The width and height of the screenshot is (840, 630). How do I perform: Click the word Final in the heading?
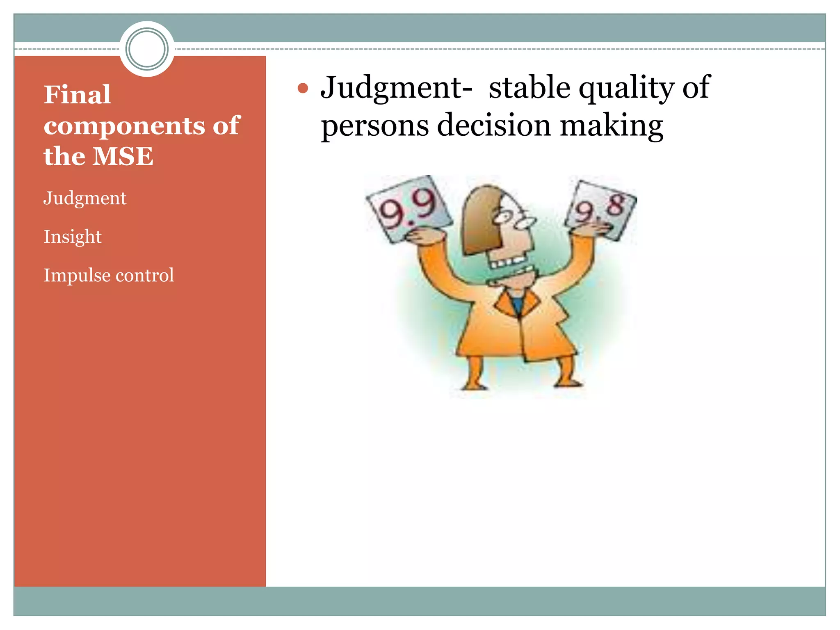[77, 95]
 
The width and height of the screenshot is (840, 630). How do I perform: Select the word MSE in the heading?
[123, 156]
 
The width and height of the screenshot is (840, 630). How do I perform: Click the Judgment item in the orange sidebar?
[85, 199]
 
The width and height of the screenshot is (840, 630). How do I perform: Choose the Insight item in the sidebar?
[73, 237]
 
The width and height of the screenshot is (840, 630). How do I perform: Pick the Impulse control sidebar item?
[109, 275]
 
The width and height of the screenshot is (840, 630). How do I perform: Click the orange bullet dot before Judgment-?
[303, 88]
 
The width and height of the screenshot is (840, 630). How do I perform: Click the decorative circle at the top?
[147, 49]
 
